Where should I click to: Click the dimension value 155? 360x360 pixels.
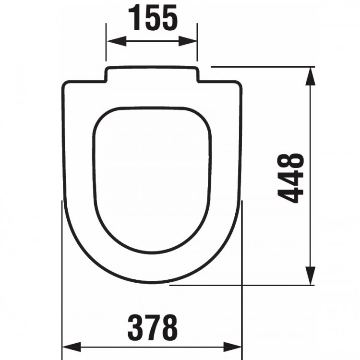point(152,18)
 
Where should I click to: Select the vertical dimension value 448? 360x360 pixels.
point(291,178)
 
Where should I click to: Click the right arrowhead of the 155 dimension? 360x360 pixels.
point(192,42)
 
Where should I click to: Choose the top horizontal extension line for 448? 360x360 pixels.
point(259,67)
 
